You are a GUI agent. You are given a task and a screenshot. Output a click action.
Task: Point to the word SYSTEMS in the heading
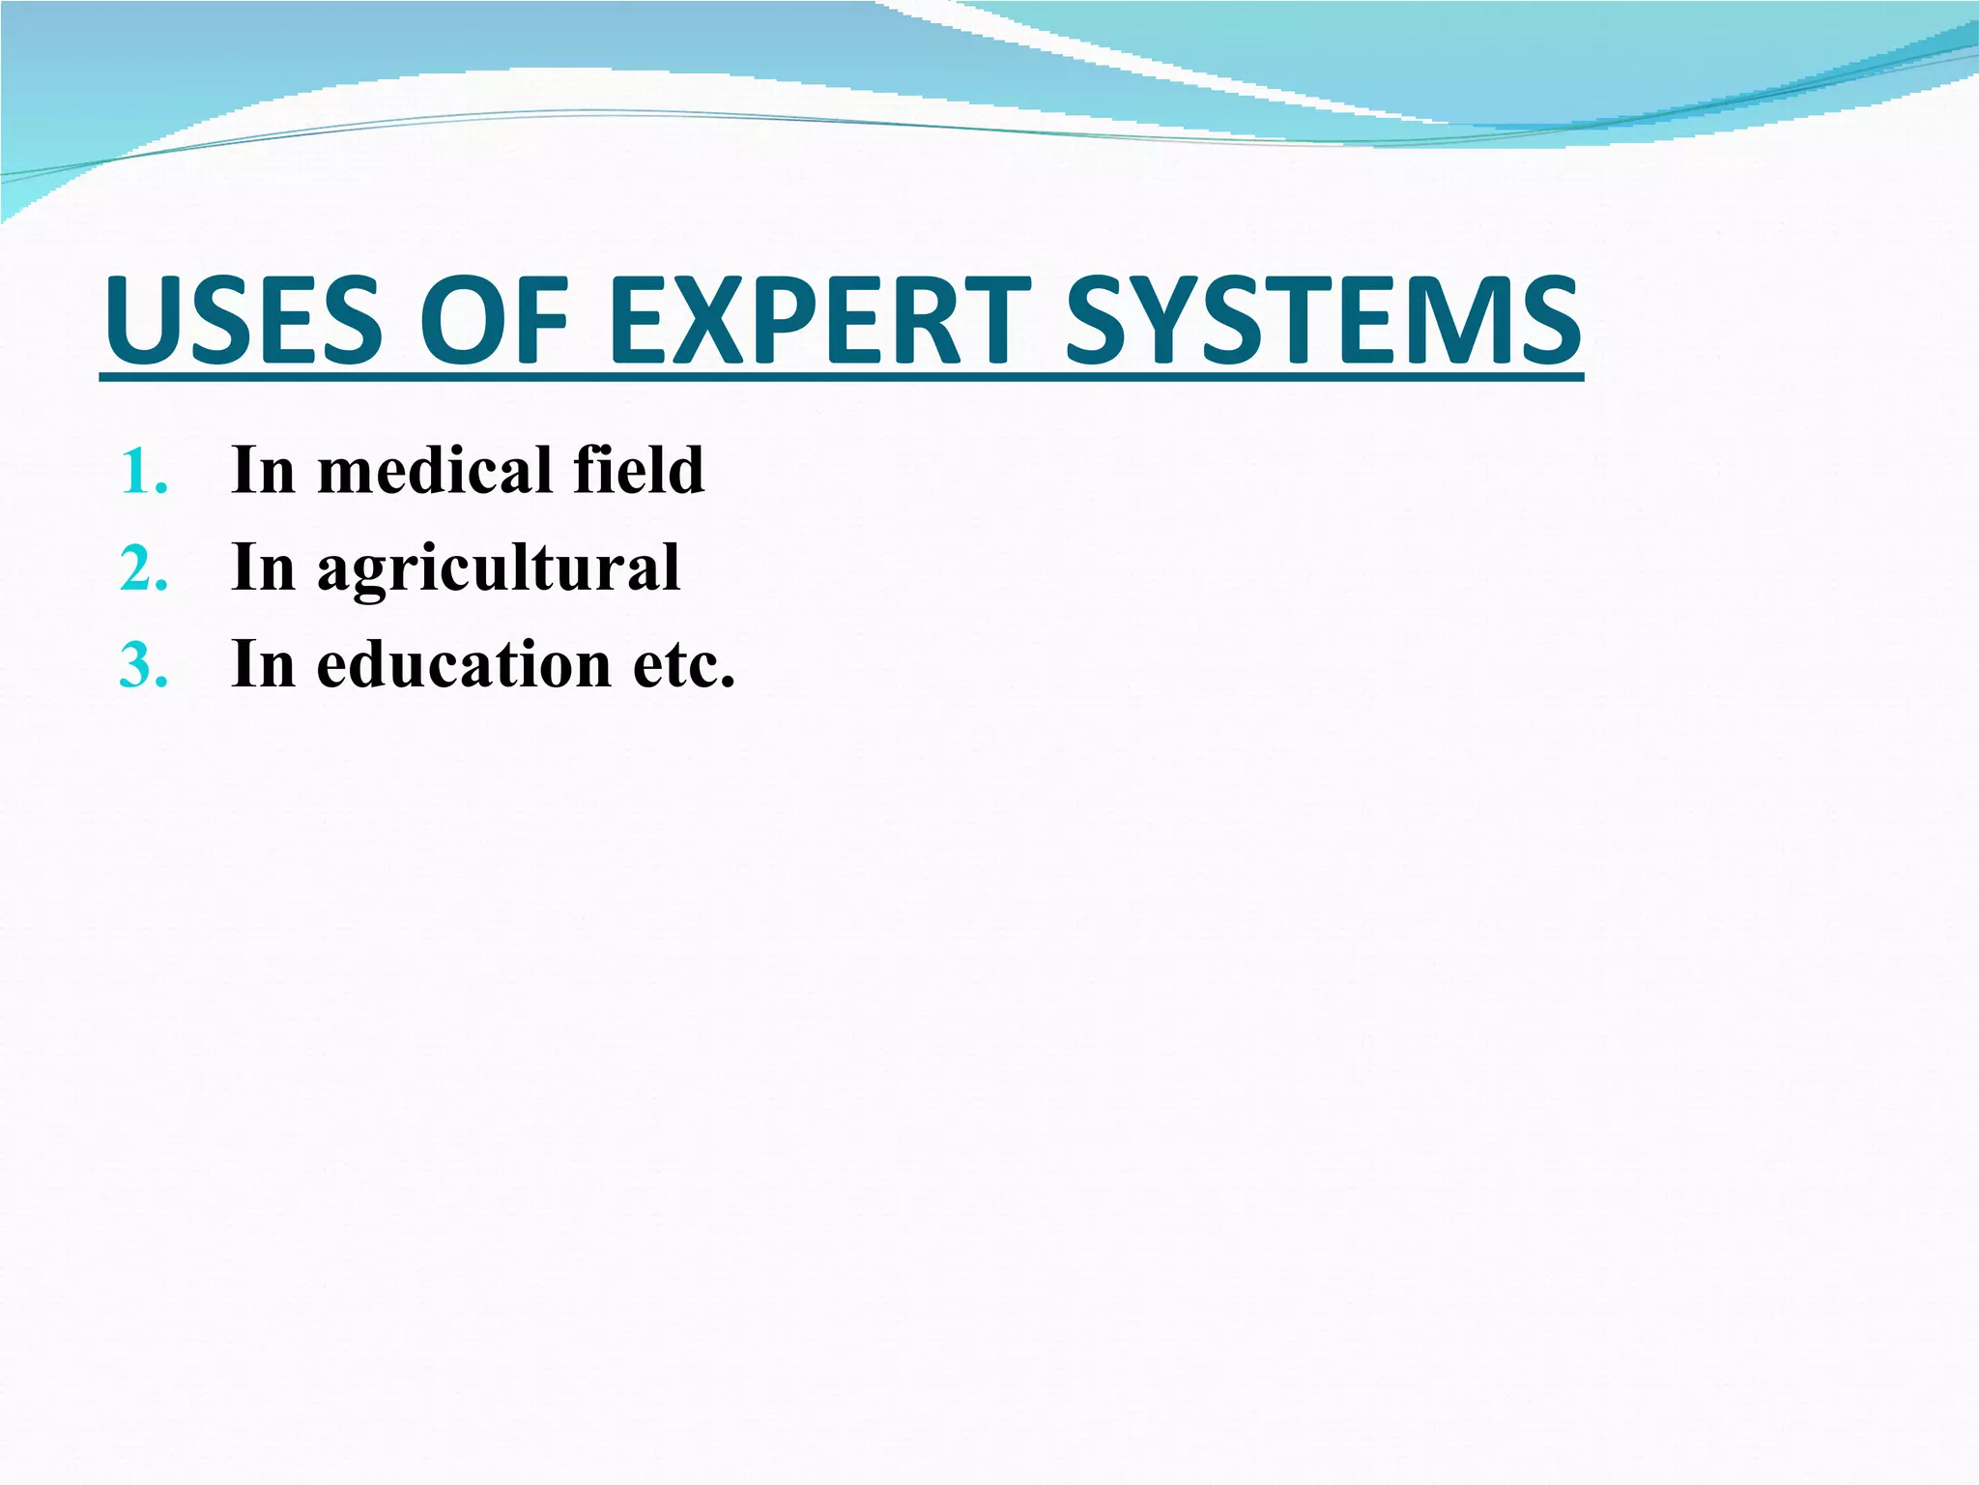click(x=1322, y=320)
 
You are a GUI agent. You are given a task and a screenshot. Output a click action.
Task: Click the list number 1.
click(x=143, y=473)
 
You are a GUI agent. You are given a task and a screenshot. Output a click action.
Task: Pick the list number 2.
click(x=143, y=569)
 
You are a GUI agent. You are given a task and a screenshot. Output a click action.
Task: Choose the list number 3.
click(x=143, y=666)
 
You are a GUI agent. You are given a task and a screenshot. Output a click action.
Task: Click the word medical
click(x=434, y=470)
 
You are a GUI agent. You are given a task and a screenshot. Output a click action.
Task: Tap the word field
click(x=638, y=470)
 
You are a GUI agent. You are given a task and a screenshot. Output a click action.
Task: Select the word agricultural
click(x=499, y=568)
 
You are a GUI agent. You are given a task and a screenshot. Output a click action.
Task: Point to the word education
click(x=464, y=664)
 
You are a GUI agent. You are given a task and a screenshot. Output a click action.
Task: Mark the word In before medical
click(x=263, y=470)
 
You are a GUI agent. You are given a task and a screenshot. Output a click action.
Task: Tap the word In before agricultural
click(x=263, y=567)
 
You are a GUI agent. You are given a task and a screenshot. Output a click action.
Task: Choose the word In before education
click(x=263, y=664)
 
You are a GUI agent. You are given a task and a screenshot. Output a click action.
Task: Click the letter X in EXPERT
click(x=708, y=320)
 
